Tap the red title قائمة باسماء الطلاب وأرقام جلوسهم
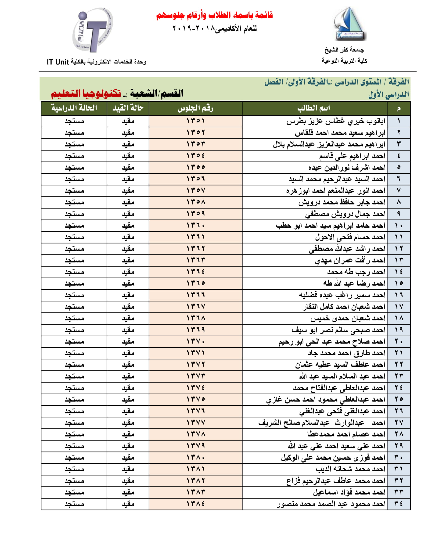[214, 15]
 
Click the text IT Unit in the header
[58, 62]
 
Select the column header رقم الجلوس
[195, 108]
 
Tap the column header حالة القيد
[128, 108]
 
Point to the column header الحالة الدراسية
[74, 108]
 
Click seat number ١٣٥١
[196, 121]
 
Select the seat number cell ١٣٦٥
[196, 283]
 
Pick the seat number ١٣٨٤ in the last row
[196, 504]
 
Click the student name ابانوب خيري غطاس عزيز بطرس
[335, 121]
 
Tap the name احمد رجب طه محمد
[356, 272]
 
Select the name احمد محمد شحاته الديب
[350, 469]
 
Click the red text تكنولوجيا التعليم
[86, 93]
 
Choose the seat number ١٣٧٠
[196, 341]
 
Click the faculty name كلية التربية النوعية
[344, 61]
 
